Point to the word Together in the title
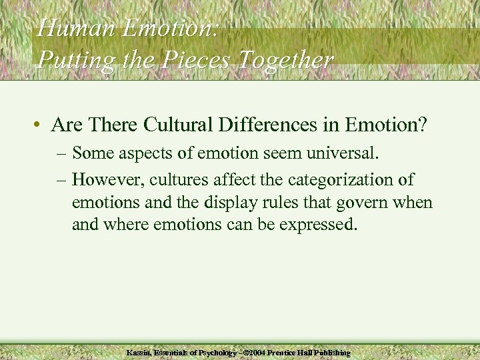click(290, 61)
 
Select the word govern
click(360, 202)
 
